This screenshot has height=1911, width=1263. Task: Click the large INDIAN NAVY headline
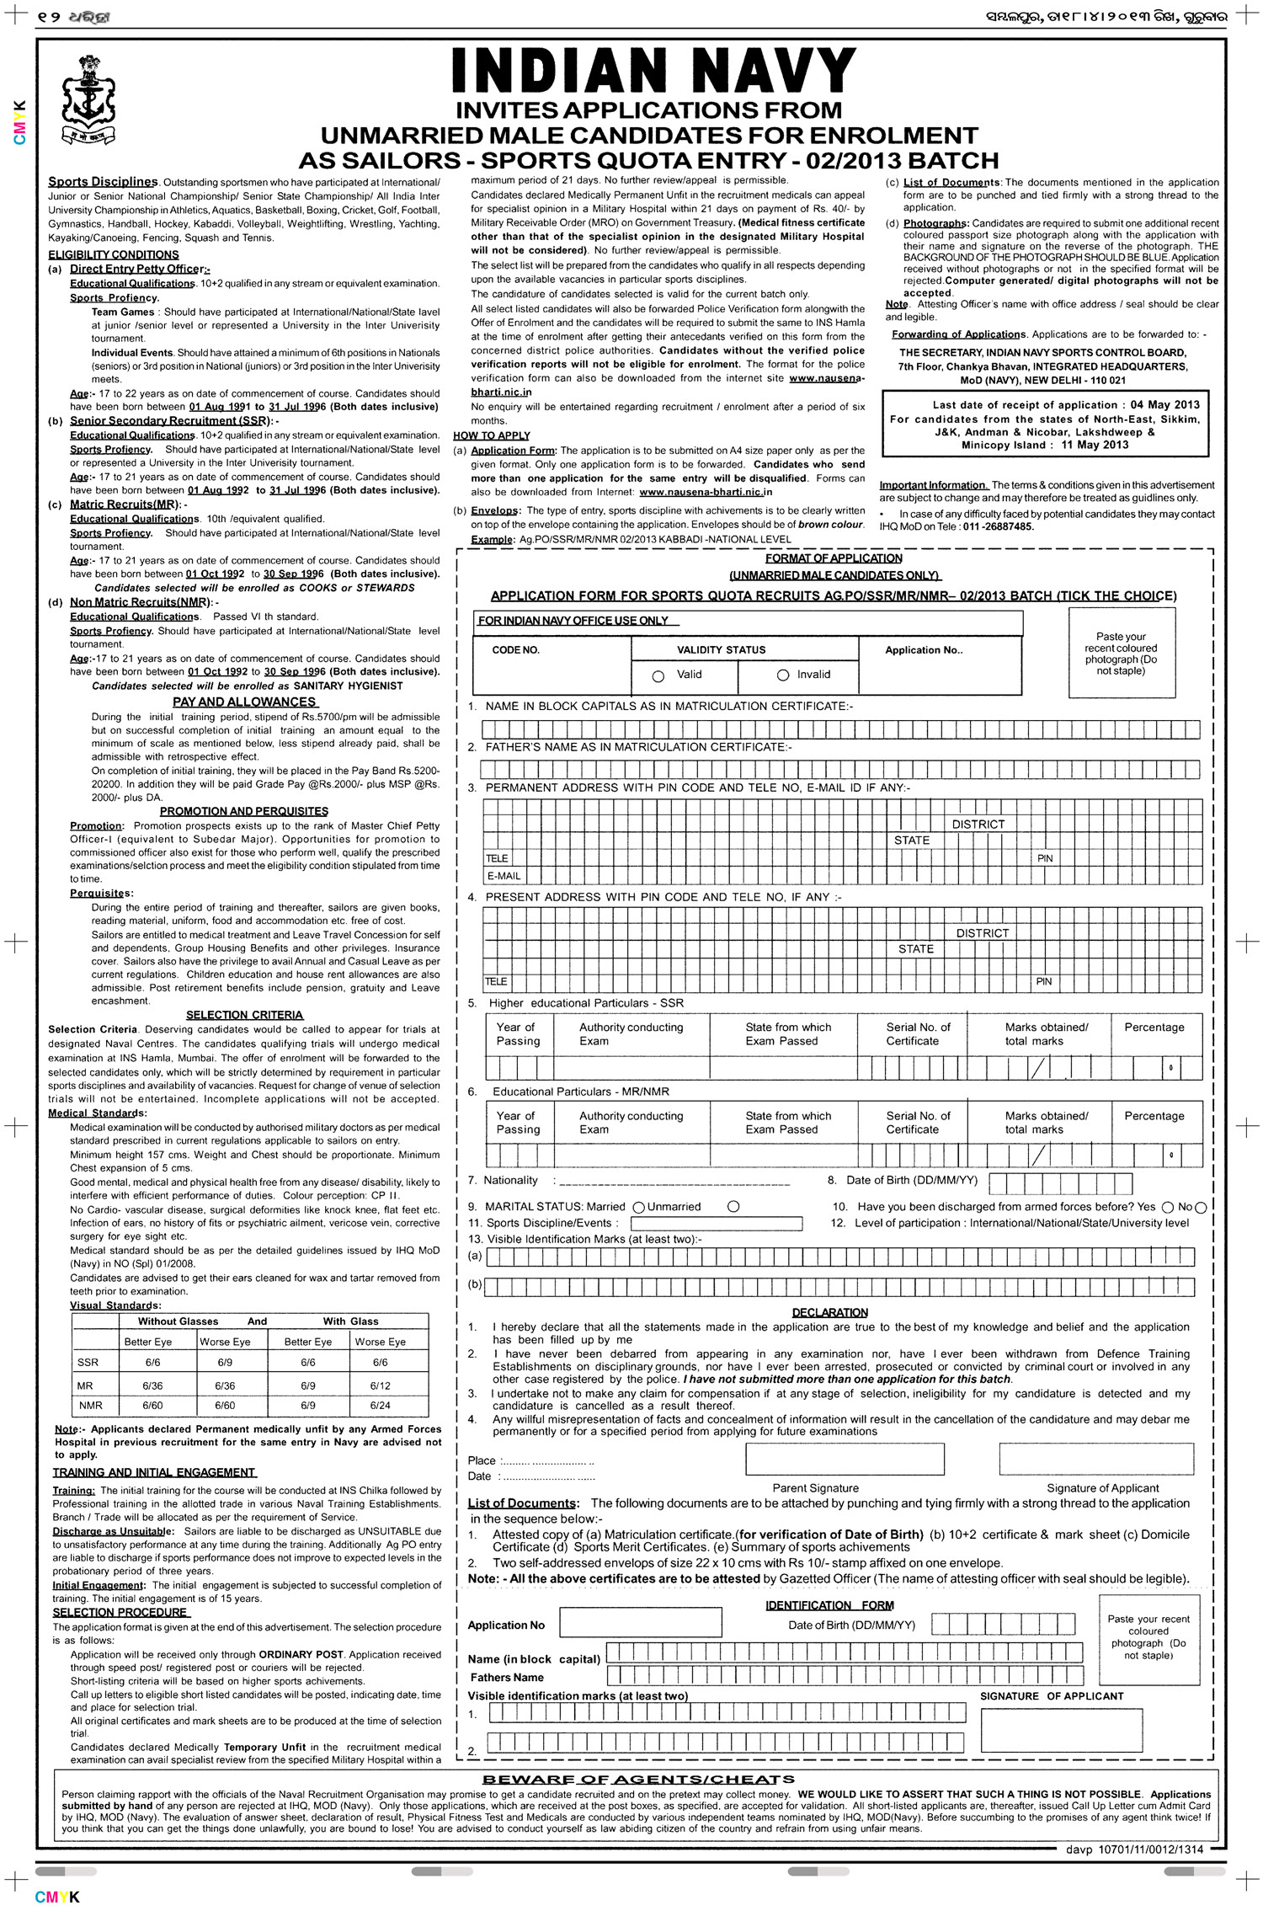[654, 71]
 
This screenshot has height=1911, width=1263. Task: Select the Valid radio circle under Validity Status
[658, 675]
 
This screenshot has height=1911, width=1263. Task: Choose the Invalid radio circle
[783, 675]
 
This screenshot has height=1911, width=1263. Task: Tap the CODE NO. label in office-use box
[516, 650]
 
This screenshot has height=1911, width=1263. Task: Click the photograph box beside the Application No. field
[1122, 653]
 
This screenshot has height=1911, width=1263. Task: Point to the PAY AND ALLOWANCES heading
[244, 702]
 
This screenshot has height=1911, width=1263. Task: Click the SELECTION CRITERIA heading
[244, 1015]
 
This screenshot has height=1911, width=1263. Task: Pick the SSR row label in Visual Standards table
[88, 1362]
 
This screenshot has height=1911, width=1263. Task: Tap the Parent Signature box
[845, 1459]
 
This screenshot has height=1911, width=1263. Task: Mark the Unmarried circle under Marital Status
[733, 1207]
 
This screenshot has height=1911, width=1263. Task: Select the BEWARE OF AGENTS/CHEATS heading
[638, 1780]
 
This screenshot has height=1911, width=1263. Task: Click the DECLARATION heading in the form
[829, 1312]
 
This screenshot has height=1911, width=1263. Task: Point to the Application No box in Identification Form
[640, 1622]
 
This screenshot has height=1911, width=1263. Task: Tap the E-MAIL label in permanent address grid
[504, 876]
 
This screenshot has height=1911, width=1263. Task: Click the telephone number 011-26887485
[999, 526]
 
